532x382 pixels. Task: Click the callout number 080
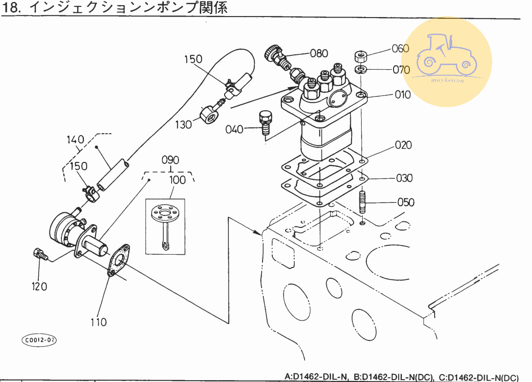point(319,53)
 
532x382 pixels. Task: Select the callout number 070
point(400,70)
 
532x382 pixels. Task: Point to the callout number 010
point(402,95)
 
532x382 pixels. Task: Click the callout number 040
point(234,129)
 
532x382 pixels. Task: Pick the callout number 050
point(406,202)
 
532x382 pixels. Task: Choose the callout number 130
point(183,125)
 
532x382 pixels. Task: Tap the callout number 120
point(39,286)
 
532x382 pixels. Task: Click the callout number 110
point(99,322)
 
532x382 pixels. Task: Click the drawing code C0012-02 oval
point(39,340)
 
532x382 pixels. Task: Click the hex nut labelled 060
point(361,57)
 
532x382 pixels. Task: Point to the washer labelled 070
point(361,69)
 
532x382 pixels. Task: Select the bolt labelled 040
point(265,122)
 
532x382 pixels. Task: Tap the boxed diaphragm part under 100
point(165,226)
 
